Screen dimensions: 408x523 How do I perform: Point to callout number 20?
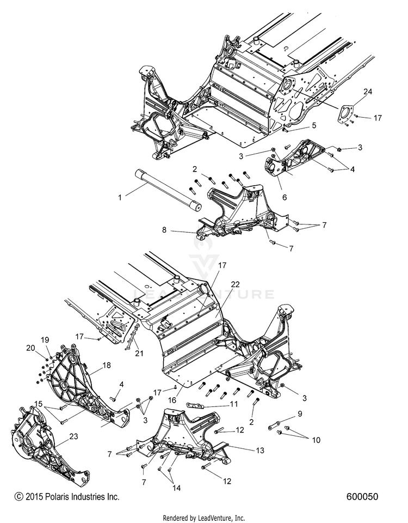pos(30,347)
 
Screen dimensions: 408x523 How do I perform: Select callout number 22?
pos(235,284)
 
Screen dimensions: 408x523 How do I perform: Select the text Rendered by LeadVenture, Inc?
pos(204,518)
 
